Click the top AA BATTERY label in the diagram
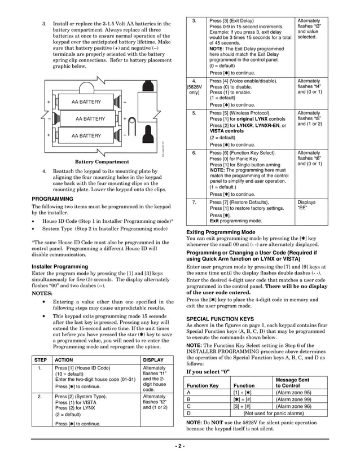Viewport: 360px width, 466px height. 86,102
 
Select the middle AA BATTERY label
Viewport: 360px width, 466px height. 90,119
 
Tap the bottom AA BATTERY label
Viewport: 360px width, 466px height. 86,136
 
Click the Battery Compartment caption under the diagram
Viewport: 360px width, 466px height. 102,161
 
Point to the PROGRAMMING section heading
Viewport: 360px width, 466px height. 52,199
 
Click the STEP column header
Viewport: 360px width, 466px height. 41,359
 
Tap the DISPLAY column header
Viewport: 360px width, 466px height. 153,359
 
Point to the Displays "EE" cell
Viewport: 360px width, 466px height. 306,205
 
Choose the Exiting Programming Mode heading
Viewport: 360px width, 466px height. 222,232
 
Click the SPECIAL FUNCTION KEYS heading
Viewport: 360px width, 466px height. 220,319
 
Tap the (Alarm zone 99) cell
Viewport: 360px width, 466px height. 293,399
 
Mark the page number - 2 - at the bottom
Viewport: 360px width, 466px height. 179,446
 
